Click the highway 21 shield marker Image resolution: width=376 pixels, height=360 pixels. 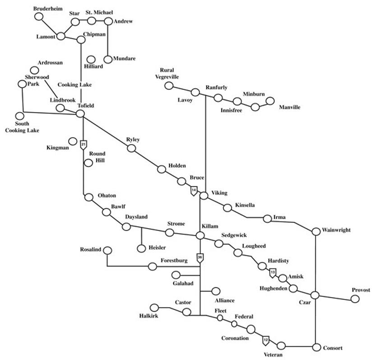pyautogui.click(x=84, y=145)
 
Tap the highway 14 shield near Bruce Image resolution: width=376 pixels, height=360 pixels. pyautogui.click(x=194, y=191)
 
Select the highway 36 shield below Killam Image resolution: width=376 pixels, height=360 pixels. pyautogui.click(x=200, y=258)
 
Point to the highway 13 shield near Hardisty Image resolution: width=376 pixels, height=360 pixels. pyautogui.click(x=273, y=273)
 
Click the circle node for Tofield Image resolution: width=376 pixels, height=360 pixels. pyautogui.click(x=80, y=113)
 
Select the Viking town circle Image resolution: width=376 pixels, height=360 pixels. pyautogui.click(x=204, y=196)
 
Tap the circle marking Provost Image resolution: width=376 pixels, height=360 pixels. pyautogui.click(x=355, y=299)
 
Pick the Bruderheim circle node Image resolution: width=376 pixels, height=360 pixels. pyautogui.click(x=39, y=17)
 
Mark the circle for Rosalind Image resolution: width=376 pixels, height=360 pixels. pyautogui.click(x=107, y=250)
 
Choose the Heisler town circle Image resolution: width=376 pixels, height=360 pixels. pyautogui.click(x=142, y=248)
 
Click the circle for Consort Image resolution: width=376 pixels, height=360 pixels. pyautogui.click(x=316, y=347)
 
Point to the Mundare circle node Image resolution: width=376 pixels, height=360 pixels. pyautogui.click(x=108, y=59)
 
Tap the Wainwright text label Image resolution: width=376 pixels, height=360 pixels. pyautogui.click(x=336, y=230)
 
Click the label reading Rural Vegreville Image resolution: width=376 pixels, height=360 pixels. pyautogui.click(x=167, y=74)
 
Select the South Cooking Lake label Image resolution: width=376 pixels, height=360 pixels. pyautogui.click(x=22, y=127)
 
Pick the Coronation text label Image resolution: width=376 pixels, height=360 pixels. pyautogui.click(x=235, y=338)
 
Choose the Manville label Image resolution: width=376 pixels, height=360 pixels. pyautogui.click(x=289, y=107)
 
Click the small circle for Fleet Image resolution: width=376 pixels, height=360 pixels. pyautogui.click(x=220, y=318)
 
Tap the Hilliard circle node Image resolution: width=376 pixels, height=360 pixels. pyautogui.click(x=91, y=59)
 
